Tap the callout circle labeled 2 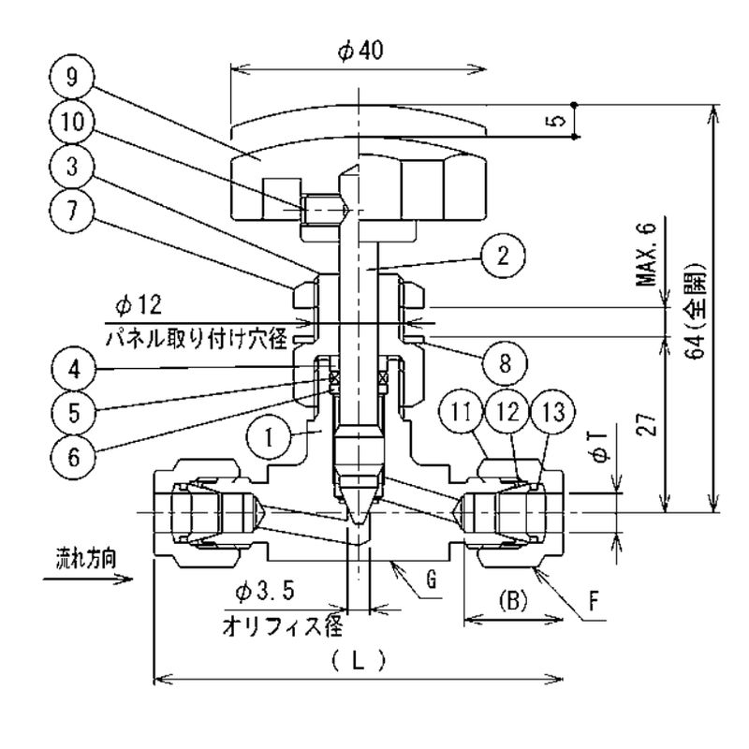503,256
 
